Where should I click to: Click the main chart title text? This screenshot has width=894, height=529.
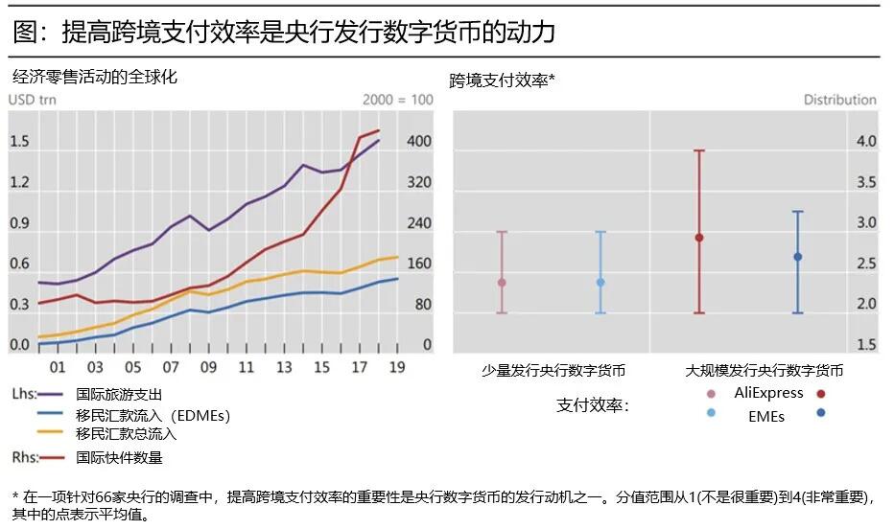pos(284,33)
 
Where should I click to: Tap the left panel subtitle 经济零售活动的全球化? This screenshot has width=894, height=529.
pos(95,78)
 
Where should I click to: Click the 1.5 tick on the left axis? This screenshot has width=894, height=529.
pos(20,142)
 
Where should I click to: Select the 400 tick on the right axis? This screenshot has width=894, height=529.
pos(419,142)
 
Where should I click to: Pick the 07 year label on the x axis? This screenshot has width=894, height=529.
pos(171,368)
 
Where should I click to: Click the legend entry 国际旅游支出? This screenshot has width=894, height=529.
pos(119,394)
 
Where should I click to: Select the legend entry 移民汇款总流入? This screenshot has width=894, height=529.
pos(127,433)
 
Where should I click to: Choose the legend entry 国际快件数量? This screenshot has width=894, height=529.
pos(119,457)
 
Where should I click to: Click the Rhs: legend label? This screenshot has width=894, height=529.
pos(25,457)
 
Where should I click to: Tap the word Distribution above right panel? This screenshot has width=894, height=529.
pos(839,100)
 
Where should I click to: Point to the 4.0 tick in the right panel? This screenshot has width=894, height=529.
pos(865,142)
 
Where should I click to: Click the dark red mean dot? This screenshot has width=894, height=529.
pos(699,238)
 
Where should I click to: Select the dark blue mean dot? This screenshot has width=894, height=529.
pos(797,257)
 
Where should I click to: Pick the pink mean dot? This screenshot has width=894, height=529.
pos(502,283)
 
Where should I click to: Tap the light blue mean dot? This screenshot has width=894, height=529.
pos(600,282)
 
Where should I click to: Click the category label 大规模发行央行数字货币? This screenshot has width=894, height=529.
pos(764,370)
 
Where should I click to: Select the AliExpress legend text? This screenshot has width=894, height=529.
pos(768,393)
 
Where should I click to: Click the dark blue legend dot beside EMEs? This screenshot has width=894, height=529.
pos(822,414)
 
